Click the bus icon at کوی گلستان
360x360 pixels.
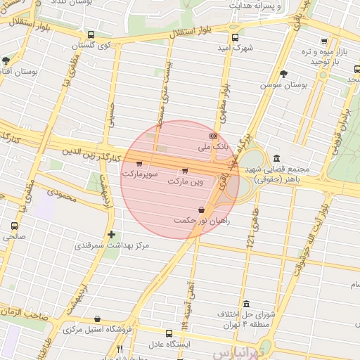click(91, 35)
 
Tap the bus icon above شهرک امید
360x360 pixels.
click(235, 38)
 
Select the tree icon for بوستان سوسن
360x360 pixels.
click(283, 73)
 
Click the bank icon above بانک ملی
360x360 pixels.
click(213, 136)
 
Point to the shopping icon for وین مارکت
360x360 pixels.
click(185, 171)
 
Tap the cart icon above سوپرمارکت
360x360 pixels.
click(139, 163)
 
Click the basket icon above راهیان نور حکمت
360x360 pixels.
click(202, 210)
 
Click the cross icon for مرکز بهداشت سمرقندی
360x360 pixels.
click(111, 234)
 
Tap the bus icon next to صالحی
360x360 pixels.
click(15, 226)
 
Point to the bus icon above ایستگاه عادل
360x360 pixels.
click(169, 333)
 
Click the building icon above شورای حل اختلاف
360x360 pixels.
click(246, 304)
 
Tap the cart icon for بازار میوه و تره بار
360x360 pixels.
click(323, 41)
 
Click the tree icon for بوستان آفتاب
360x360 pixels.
click(6, 61)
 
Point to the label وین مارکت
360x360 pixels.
click(186, 181)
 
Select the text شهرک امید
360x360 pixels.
click(235, 49)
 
